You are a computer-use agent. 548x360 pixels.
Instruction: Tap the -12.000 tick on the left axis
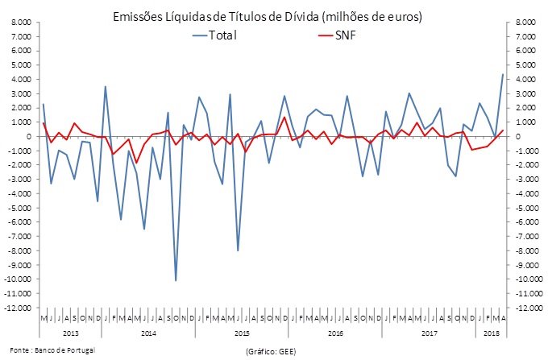click(20, 308)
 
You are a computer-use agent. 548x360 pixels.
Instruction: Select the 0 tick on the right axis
click(512, 136)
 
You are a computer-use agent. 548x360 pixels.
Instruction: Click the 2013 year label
click(70, 332)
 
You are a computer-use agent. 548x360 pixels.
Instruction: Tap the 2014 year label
click(147, 332)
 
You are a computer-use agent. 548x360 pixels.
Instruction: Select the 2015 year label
click(241, 332)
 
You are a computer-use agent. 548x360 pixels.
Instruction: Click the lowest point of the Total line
click(176, 280)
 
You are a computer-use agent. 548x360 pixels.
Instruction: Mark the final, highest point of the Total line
click(504, 74)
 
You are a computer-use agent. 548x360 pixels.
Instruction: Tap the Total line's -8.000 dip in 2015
click(238, 250)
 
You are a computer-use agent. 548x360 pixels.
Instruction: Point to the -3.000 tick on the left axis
click(22, 179)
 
